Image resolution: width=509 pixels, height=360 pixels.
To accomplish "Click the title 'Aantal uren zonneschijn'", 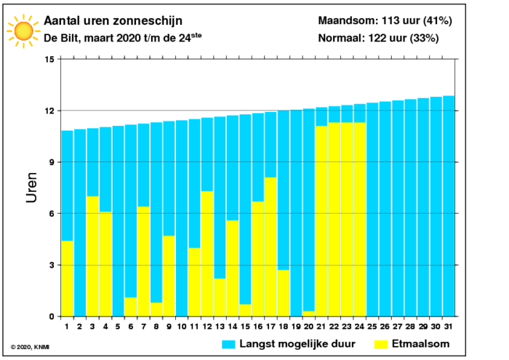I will point(113,20).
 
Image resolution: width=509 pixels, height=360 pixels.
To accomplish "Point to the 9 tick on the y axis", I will point(51,162).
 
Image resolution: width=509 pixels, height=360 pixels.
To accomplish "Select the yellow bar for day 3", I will point(92,256).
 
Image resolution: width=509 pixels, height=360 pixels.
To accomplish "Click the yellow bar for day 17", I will point(270,247).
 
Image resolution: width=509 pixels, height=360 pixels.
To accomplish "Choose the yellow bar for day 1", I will point(67,279).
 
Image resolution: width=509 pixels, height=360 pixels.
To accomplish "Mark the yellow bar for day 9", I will point(169,276).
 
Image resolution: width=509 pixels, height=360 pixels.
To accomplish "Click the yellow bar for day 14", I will point(233,268).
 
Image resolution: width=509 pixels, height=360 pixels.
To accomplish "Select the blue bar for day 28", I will point(411,207).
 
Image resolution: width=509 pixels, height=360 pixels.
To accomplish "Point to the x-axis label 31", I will point(449,327).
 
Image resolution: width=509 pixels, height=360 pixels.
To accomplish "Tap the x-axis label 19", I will point(296,327).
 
